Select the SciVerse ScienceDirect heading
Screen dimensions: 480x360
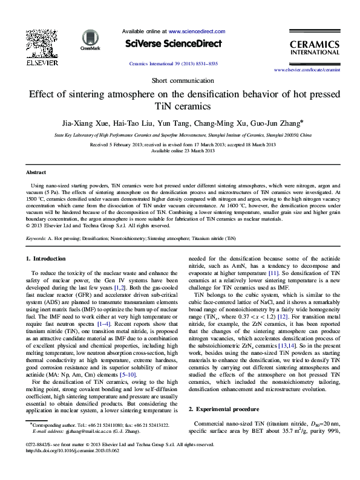[x=174, y=44]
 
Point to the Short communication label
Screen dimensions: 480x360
[x=180, y=81]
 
